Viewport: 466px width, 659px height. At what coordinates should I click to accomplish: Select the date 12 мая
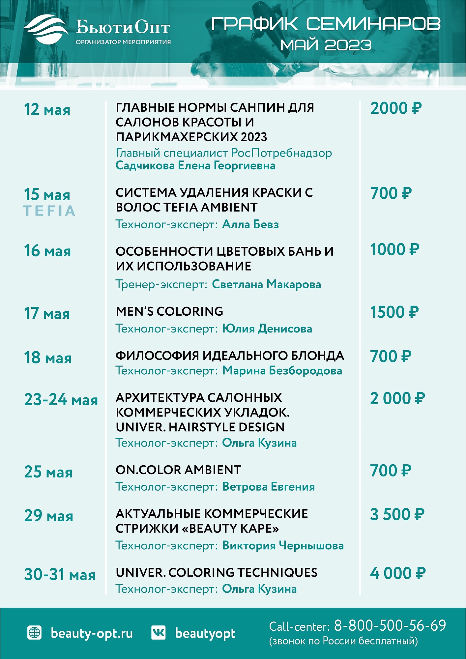click(47, 110)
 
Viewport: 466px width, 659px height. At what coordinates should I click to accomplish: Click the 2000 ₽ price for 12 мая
click(396, 108)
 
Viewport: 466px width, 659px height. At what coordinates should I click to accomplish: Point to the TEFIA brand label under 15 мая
click(49, 211)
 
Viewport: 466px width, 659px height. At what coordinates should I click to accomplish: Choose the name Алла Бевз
click(250, 224)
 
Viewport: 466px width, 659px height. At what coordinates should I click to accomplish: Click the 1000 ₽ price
click(395, 250)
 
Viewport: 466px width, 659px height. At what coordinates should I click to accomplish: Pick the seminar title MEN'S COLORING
click(169, 311)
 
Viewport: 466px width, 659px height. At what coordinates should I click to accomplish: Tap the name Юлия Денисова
click(267, 329)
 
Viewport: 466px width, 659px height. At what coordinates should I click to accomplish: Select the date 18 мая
click(48, 358)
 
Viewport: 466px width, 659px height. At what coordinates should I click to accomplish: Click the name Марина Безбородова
click(282, 371)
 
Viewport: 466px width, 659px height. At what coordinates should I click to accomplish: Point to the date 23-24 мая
click(61, 400)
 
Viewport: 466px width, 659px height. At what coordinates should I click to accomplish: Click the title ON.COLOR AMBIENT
click(178, 470)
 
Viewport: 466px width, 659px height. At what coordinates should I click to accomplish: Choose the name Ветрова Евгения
click(268, 487)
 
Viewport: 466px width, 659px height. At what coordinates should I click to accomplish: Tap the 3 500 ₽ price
click(397, 515)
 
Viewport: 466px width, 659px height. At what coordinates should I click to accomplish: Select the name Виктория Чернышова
click(283, 546)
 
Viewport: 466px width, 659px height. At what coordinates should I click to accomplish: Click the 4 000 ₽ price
click(398, 573)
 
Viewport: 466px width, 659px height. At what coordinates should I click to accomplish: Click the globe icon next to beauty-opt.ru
click(35, 633)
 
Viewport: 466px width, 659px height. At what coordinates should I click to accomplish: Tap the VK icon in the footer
click(159, 633)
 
